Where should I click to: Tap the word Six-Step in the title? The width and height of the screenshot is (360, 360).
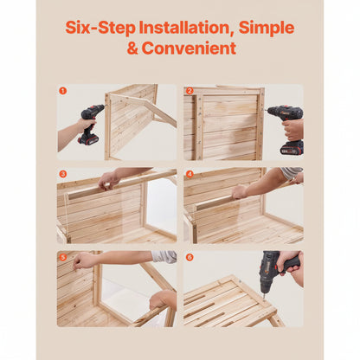pyautogui.click(x=94, y=27)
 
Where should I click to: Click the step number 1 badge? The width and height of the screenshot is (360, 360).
pyautogui.click(x=62, y=90)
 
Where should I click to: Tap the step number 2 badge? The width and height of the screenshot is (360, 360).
pyautogui.click(x=190, y=90)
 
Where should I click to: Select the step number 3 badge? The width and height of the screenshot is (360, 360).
pyautogui.click(x=62, y=174)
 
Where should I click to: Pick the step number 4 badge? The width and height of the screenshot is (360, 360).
pyautogui.click(x=190, y=174)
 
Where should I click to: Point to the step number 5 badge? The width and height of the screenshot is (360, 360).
pyautogui.click(x=62, y=257)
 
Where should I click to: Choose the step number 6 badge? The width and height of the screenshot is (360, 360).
pyautogui.click(x=190, y=257)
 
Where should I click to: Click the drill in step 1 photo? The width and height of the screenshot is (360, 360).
pyautogui.click(x=90, y=121)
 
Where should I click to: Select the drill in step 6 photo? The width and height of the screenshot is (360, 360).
pyautogui.click(x=275, y=268)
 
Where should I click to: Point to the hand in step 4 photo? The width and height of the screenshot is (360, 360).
pyautogui.click(x=240, y=191)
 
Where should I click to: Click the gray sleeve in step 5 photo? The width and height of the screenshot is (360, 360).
pyautogui.click(x=164, y=257)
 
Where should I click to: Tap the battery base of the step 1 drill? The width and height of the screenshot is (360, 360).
pyautogui.click(x=88, y=139)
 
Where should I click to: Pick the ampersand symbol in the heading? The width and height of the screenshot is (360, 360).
pyautogui.click(x=132, y=48)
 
